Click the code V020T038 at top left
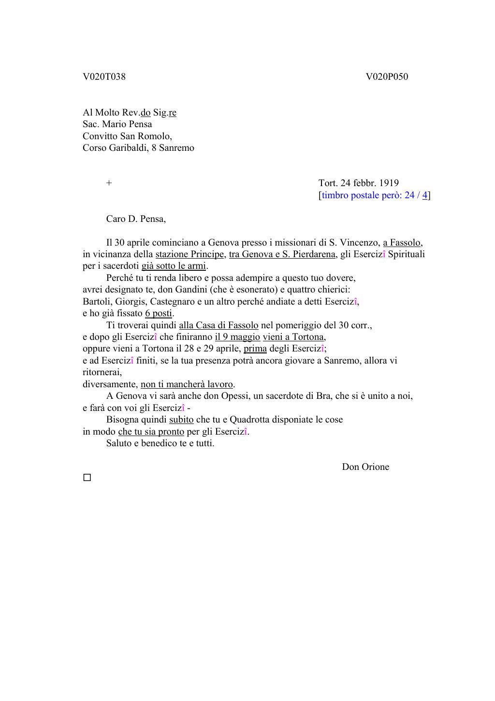(104, 77)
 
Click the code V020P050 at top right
(387, 77)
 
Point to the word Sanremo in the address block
(176, 148)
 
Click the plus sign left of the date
(109, 183)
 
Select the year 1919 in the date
(389, 183)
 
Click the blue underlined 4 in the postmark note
(425, 195)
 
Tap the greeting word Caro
(116, 219)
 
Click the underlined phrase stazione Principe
(189, 254)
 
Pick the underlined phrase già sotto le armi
(174, 266)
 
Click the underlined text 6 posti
(159, 313)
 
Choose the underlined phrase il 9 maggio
(237, 337)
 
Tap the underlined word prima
(255, 349)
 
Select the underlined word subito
(181, 420)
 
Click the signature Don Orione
(365, 467)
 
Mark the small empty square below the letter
(87, 478)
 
